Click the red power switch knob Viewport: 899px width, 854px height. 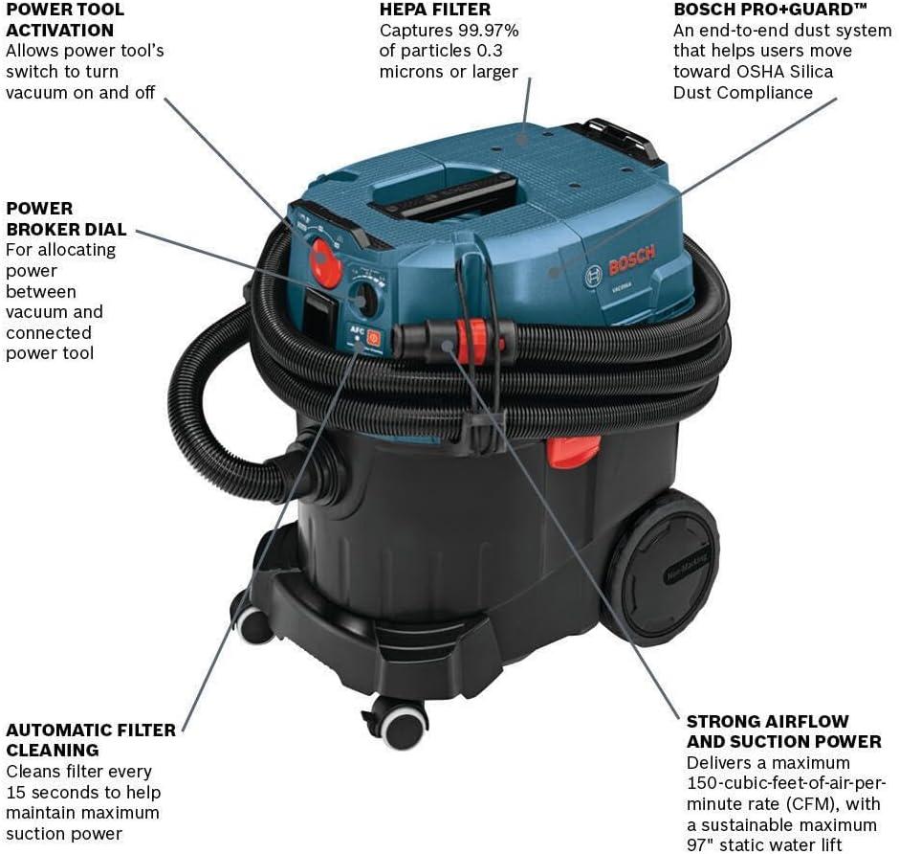325,261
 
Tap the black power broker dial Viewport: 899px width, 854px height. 363,300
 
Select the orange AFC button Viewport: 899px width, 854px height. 373,338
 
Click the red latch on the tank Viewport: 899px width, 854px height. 573,450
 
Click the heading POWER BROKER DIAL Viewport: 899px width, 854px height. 66,219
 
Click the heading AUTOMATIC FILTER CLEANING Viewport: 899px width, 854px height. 91,740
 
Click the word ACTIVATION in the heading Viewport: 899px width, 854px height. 59,31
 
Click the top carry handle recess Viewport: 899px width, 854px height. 445,195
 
